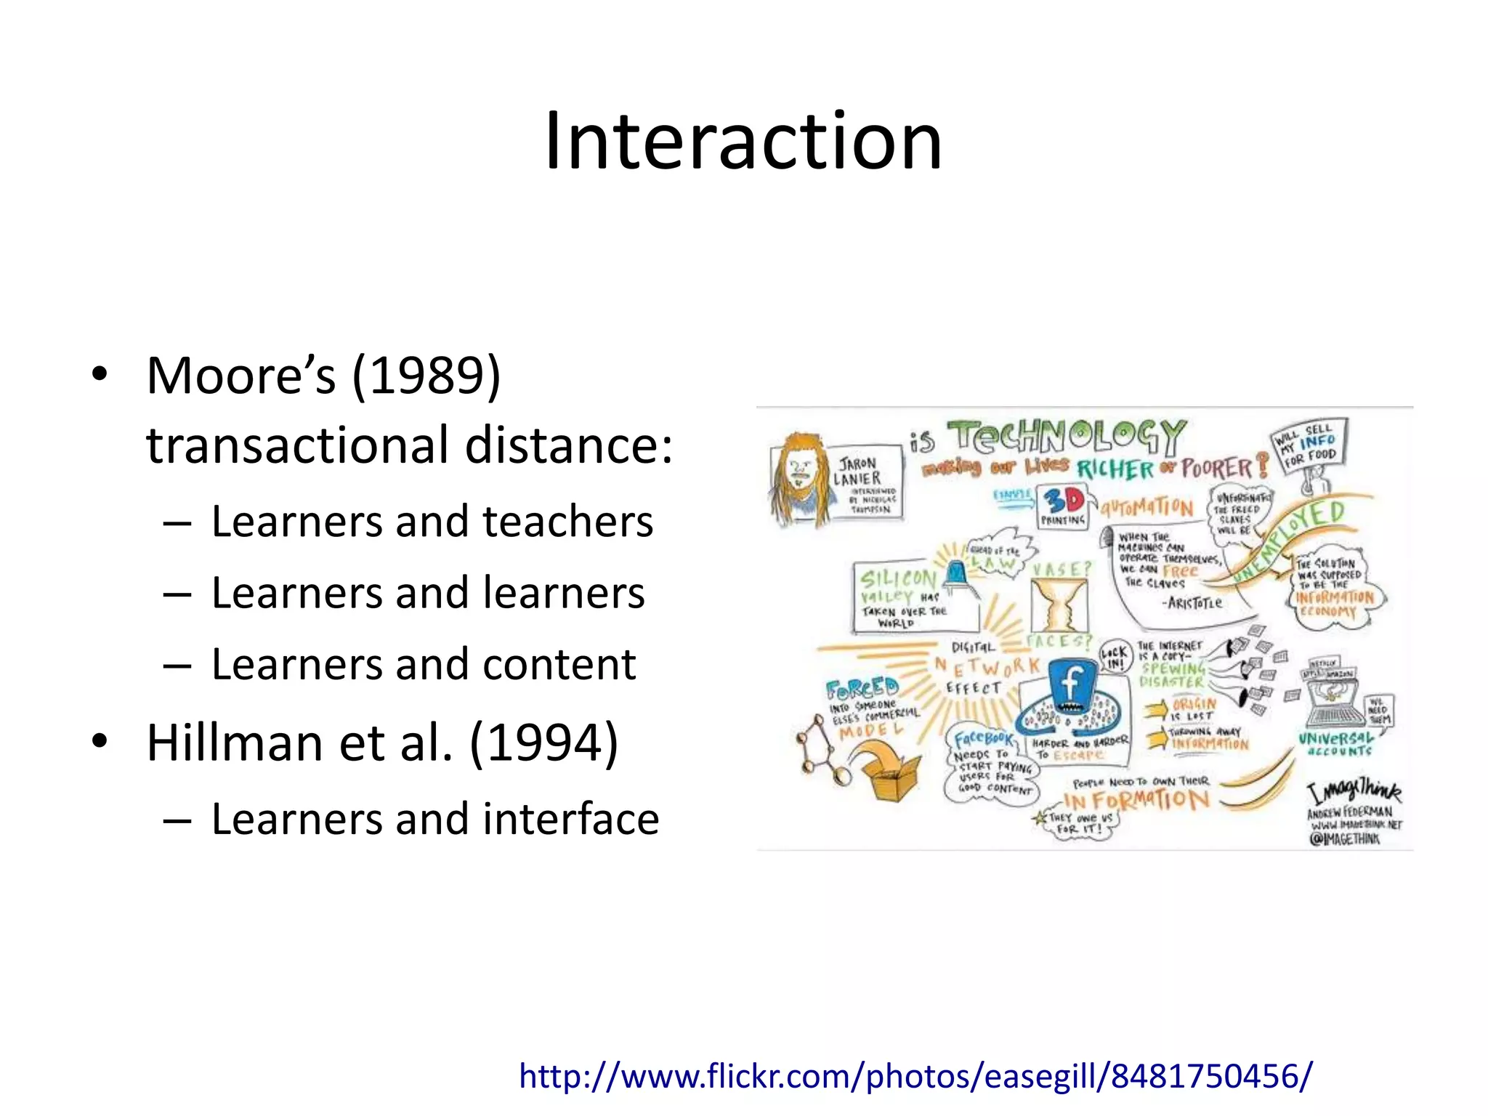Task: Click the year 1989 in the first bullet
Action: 427,376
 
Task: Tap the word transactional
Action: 297,445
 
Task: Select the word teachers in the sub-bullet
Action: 567,522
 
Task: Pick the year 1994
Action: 544,743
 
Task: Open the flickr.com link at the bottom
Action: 915,1075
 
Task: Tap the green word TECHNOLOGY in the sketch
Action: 1068,436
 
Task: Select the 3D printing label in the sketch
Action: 1062,505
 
